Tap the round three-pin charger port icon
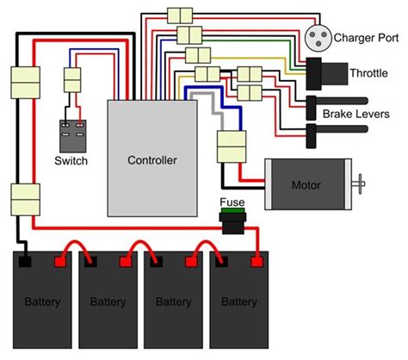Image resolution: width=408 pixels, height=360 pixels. (x=317, y=37)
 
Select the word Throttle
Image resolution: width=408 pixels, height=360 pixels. (x=368, y=73)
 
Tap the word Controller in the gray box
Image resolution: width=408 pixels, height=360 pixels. (x=151, y=160)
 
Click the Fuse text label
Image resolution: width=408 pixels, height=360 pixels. (x=232, y=202)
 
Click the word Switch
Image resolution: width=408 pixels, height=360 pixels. (x=71, y=160)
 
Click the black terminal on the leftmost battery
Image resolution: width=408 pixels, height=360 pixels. (x=26, y=258)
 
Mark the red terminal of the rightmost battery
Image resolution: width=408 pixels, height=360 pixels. (x=256, y=258)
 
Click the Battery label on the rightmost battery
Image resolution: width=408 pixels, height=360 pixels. (x=238, y=302)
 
